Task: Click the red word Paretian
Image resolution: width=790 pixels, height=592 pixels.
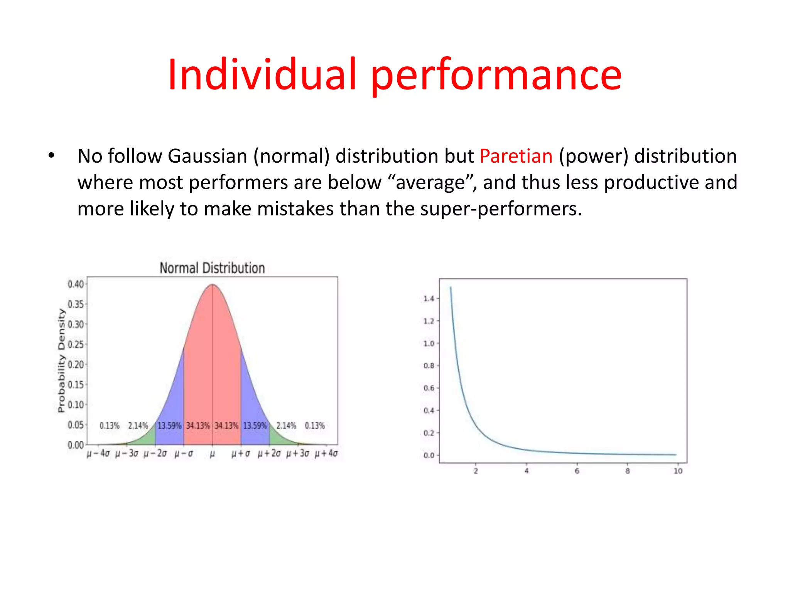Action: [x=516, y=156]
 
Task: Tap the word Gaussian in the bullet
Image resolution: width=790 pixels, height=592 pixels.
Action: [x=207, y=156]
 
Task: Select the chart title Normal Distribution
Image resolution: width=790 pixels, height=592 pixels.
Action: [x=212, y=268]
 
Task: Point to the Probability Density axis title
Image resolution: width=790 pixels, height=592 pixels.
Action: [x=61, y=360]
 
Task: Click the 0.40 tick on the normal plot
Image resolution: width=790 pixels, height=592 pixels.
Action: [x=76, y=284]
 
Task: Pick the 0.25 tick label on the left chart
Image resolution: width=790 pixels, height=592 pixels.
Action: [x=76, y=345]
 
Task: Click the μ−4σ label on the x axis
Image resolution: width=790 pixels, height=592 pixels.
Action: [x=98, y=453]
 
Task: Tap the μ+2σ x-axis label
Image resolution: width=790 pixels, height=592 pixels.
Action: [x=269, y=453]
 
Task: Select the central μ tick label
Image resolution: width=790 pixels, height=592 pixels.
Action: [x=212, y=454]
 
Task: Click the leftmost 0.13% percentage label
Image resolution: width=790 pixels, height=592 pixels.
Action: [x=110, y=426]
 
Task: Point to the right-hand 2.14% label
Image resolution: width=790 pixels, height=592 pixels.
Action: [x=286, y=426]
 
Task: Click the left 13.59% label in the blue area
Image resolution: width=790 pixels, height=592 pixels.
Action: [x=169, y=426]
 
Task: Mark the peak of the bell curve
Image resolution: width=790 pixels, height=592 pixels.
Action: [x=212, y=285]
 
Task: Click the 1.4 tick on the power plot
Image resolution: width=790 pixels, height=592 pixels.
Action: [x=429, y=299]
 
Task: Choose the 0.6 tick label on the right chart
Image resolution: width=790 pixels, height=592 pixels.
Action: [x=429, y=388]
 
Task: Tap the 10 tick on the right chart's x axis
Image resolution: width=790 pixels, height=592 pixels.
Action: [x=678, y=471]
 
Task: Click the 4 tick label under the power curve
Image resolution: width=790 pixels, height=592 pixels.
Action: [x=526, y=471]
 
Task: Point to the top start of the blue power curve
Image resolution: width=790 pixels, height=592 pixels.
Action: [x=451, y=288]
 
